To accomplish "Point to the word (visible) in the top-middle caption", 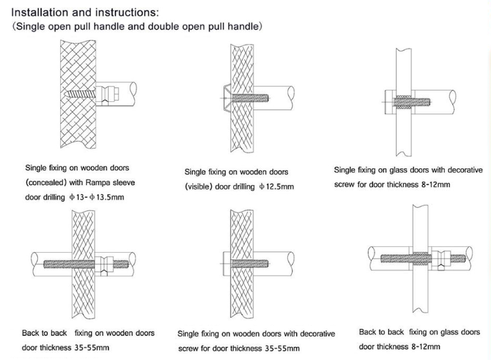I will [x=205, y=185].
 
